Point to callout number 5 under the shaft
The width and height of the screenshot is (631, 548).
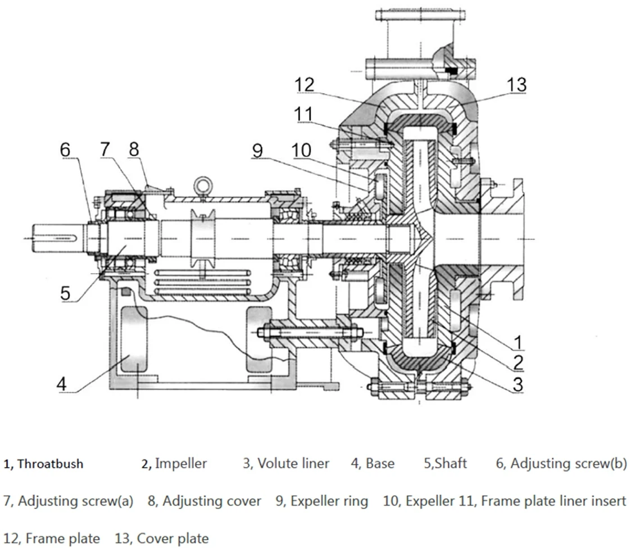pyautogui.click(x=66, y=293)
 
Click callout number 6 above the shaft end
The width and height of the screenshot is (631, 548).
pyautogui.click(x=66, y=150)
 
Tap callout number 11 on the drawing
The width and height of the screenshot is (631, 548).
pyautogui.click(x=305, y=114)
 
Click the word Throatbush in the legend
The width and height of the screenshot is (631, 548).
pyautogui.click(x=50, y=464)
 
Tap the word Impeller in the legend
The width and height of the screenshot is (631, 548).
pyautogui.click(x=181, y=464)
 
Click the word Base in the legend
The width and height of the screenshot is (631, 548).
pyautogui.click(x=380, y=464)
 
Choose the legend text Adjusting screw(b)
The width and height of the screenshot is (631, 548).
pyautogui.click(x=569, y=464)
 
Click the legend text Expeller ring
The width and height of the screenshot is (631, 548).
pyautogui.click(x=329, y=501)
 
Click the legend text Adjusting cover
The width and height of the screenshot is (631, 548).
pyautogui.click(x=212, y=501)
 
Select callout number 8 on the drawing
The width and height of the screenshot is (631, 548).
pyautogui.click(x=134, y=150)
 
